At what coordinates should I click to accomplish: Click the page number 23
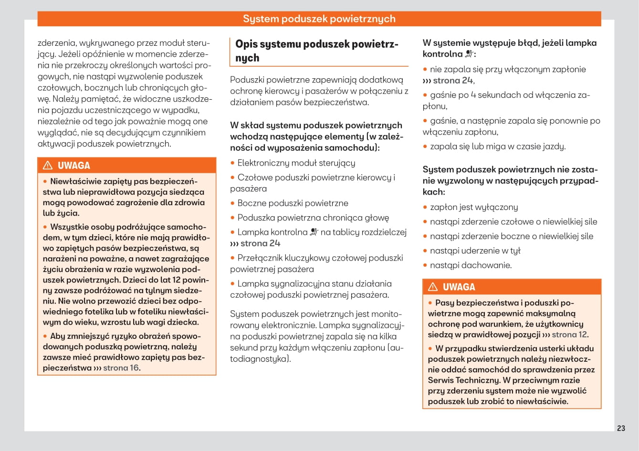pos(621,428)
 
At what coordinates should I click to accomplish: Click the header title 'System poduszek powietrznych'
pos(319,19)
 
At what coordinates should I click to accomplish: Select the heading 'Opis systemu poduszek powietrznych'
pos(316,51)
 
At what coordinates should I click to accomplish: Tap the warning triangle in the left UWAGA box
pos(48,166)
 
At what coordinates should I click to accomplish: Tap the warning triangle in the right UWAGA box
pos(433,287)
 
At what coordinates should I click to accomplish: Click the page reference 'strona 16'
pos(121,368)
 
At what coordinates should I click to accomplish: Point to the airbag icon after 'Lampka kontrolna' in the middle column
pos(314,232)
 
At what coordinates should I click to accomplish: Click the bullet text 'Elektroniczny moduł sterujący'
pos(296,163)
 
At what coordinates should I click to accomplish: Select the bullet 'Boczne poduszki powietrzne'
pos(293,203)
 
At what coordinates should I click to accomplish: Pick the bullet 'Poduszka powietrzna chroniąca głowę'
pos(313,218)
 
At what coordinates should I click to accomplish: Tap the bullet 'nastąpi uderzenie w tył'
pos(475,251)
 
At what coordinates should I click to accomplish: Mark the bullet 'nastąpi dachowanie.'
pos(471,265)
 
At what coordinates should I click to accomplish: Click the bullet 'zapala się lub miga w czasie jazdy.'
pos(497,147)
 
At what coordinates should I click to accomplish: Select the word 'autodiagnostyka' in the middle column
pos(258,359)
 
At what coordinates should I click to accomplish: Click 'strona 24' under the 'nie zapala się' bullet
pos(453,81)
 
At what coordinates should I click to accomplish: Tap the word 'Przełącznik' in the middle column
pos(260,258)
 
